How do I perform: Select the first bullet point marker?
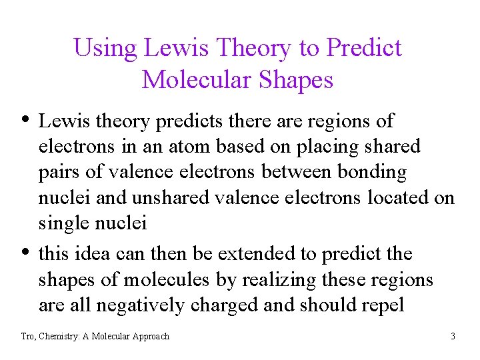(25, 121)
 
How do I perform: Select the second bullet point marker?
(25, 253)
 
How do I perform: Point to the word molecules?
(165, 280)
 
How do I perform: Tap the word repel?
(382, 306)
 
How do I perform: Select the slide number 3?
(453, 337)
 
